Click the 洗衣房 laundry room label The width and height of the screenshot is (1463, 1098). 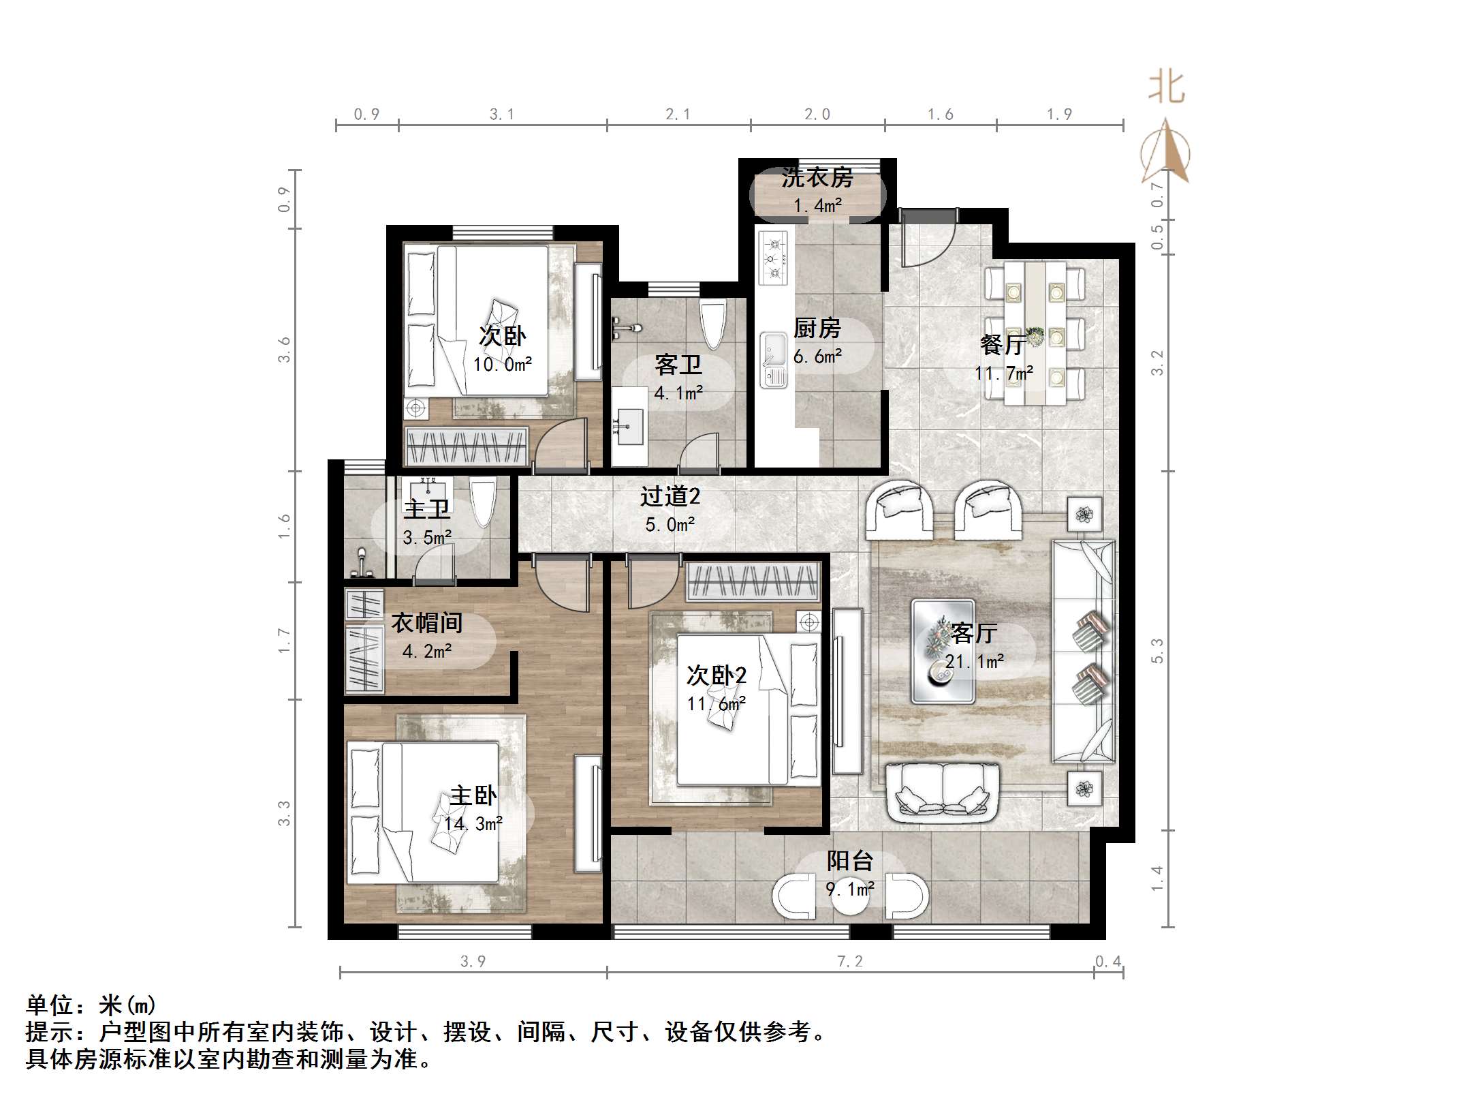tap(817, 178)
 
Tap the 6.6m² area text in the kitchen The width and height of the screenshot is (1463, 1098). tap(817, 356)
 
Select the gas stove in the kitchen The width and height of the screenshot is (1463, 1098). tap(774, 258)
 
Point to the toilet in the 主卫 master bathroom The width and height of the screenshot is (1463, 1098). tap(482, 502)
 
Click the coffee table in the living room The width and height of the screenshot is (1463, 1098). tap(943, 651)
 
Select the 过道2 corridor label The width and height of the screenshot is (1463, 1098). tap(670, 496)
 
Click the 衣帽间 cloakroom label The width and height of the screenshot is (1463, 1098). tap(426, 622)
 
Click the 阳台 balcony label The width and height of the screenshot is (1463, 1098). tap(849, 861)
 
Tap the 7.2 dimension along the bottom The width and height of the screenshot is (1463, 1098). tap(849, 961)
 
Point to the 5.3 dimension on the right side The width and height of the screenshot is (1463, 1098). tap(1157, 651)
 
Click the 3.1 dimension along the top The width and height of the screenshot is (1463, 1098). tap(502, 115)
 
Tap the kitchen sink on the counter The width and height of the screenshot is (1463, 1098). tap(773, 359)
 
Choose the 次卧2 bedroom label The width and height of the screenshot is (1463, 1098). tap(716, 675)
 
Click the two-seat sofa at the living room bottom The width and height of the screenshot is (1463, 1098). tap(943, 791)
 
